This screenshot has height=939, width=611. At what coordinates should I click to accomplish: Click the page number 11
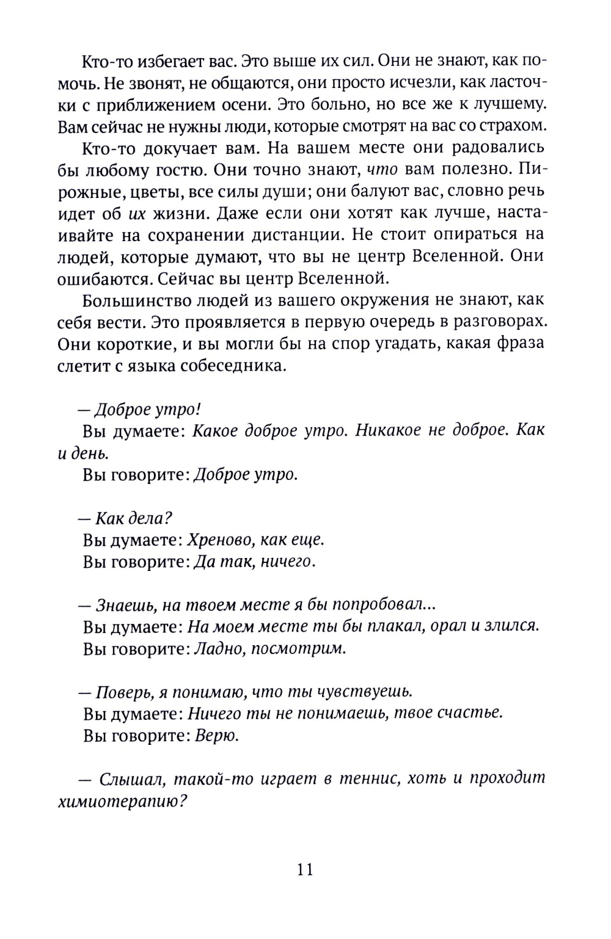click(x=305, y=869)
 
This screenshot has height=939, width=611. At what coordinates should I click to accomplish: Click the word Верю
click(x=216, y=736)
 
